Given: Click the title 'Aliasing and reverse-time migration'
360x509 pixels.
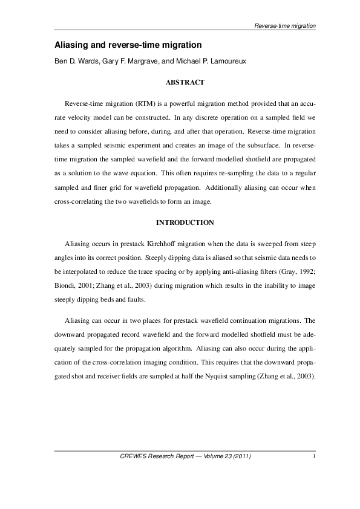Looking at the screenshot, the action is click(128, 45).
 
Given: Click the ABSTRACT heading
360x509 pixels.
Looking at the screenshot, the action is click(185, 82).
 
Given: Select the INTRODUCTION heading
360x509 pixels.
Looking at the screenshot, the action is click(185, 222).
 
